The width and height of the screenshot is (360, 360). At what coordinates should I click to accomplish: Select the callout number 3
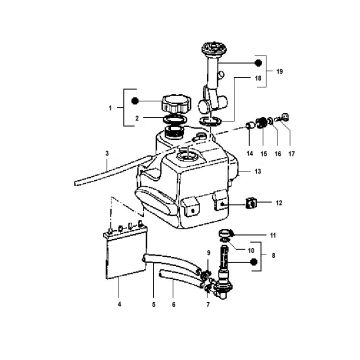[x=106, y=153]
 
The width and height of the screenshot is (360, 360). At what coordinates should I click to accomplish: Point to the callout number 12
[x=279, y=203]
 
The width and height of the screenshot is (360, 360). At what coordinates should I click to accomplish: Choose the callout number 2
[x=138, y=117]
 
